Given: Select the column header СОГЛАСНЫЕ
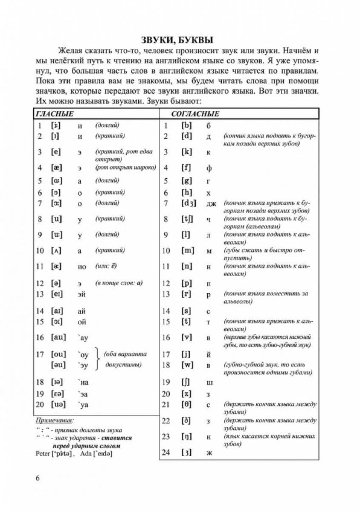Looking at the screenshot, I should [195, 114].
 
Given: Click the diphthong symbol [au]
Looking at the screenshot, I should [58, 337].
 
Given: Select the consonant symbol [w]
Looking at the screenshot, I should [187, 365].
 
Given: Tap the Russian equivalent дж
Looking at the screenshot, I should [211, 204].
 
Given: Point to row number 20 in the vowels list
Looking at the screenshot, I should [40, 405].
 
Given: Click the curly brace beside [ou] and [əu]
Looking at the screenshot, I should [97, 360].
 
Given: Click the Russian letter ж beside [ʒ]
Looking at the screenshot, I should [209, 452].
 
